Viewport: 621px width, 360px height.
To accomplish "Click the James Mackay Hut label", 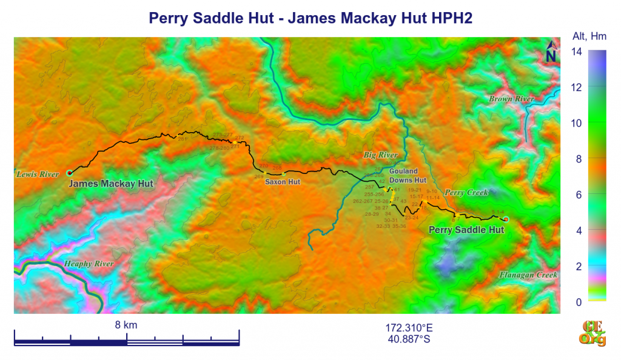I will [x=111, y=184].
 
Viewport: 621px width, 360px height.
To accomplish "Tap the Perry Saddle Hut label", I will [x=466, y=230].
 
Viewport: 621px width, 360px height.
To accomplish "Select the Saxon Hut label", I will [x=283, y=181].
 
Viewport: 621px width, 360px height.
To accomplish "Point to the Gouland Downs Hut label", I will [x=408, y=176].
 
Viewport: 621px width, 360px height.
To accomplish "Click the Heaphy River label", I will [x=89, y=264].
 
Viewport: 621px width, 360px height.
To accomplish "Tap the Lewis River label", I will [x=38, y=175].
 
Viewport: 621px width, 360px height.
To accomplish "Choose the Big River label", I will [x=380, y=156].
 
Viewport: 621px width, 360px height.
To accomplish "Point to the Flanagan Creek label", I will [x=528, y=275].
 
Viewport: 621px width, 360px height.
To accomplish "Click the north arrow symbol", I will [x=551, y=53].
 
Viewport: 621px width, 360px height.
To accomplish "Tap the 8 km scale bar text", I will [x=126, y=325].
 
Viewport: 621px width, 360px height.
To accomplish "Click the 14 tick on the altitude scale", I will [x=577, y=52].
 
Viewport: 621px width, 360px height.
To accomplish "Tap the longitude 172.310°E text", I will [x=409, y=328].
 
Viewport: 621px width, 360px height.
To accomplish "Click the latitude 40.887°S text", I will [x=409, y=339].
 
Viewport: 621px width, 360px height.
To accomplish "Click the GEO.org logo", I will [x=594, y=333].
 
